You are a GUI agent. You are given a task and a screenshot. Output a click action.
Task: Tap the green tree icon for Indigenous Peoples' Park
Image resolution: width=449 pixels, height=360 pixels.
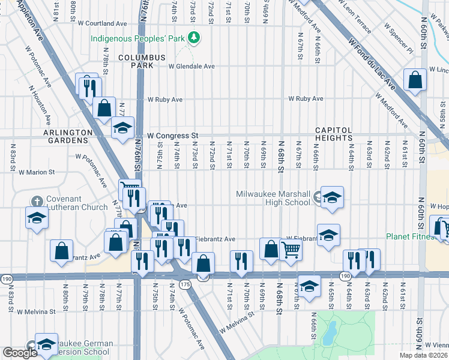[x=193, y=38]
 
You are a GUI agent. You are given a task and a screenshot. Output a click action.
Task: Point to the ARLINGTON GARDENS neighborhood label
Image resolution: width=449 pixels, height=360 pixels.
[x=67, y=136]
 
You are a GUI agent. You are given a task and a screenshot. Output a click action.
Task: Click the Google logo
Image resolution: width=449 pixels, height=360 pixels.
[x=20, y=353]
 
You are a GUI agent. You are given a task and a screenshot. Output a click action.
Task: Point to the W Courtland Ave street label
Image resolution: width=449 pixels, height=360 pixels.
[x=103, y=23]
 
